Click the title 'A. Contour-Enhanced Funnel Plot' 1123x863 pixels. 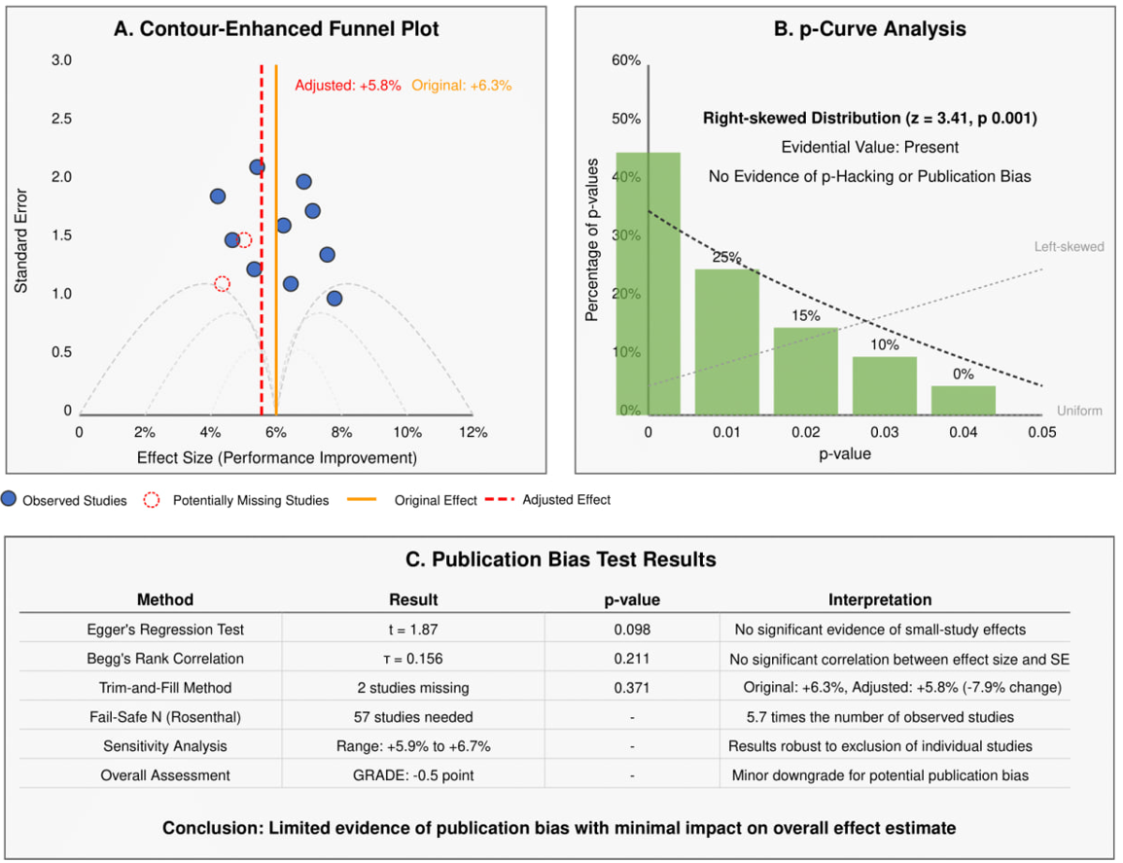pos(276,29)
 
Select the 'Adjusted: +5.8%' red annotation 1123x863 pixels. pos(347,86)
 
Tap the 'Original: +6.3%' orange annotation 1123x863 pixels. pos(461,86)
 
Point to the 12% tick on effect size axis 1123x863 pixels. pos(473,432)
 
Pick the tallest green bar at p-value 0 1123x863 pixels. pos(648,282)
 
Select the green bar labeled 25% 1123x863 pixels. pos(726,341)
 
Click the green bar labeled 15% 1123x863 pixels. pos(805,370)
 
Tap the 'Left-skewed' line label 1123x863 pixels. pos(1069,247)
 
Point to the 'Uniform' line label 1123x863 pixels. pos(1080,411)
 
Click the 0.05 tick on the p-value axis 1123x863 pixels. pos(1041,432)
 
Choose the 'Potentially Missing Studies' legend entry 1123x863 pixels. pos(250,500)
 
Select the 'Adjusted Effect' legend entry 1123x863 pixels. pos(566,500)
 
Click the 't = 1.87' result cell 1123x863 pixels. pos(413,629)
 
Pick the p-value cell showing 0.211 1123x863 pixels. pos(632,659)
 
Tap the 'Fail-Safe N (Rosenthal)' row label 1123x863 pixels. pos(165,717)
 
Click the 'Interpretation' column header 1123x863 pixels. pos(880,599)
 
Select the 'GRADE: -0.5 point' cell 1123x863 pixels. pos(413,775)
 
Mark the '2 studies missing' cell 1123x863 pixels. pos(413,688)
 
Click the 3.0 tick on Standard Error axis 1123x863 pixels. pos(62,60)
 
